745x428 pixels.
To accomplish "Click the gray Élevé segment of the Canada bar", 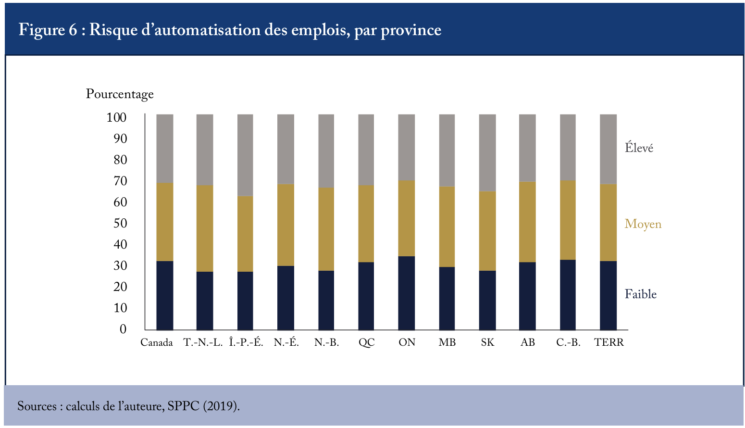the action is point(165,149).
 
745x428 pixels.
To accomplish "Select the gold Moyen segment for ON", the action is point(407,218).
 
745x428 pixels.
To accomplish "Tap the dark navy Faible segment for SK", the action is point(487,301).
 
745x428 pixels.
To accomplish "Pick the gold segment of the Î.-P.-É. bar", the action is point(245,234).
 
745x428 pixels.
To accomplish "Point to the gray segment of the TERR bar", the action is point(608,149).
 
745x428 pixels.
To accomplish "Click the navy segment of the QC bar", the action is point(366,296).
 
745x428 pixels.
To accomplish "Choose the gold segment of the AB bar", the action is point(527,222).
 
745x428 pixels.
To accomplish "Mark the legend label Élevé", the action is point(639,148).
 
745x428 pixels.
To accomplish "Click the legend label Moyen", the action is point(643,224).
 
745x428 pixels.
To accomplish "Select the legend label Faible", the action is point(641,294).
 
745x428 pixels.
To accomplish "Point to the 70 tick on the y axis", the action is point(120,181).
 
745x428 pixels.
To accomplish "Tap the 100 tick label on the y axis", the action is point(116,117).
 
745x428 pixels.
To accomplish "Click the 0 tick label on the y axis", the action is point(123,329).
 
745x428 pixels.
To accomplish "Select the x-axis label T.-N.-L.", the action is point(203,342).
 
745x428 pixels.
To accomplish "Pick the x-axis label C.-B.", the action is point(568,342).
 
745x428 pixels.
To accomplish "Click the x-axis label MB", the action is point(447,342).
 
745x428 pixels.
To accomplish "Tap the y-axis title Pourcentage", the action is point(120,94).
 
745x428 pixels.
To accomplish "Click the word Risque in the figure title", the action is point(113,30).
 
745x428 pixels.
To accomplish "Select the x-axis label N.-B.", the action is point(326,342).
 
